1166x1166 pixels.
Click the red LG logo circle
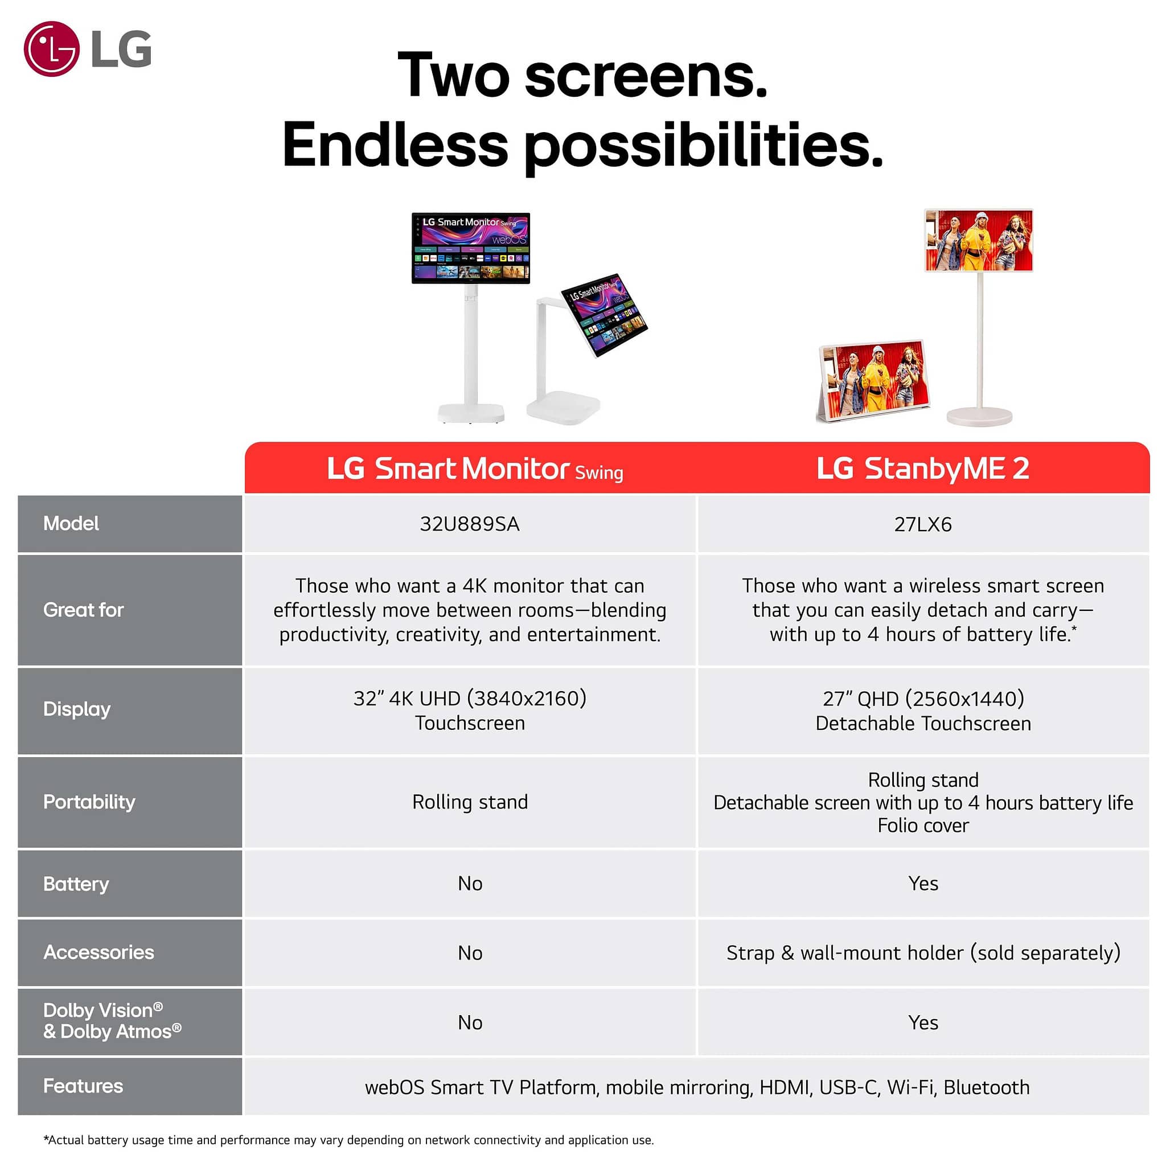(51, 49)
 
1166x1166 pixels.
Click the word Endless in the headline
(395, 145)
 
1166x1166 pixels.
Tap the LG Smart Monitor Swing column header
(475, 469)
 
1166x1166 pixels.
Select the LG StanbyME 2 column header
(923, 469)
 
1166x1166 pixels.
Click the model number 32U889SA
(470, 524)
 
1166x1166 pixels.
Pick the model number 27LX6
(923, 524)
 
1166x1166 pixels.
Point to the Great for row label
(83, 610)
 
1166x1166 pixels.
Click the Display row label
(77, 709)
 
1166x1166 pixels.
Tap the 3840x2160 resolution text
(527, 698)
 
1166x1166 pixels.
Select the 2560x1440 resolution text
(965, 699)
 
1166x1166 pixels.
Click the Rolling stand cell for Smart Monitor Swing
(470, 802)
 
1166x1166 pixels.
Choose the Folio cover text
(923, 825)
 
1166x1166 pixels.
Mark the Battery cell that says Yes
(923, 884)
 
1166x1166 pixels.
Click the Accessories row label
(98, 952)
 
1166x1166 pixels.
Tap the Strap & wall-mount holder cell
(923, 953)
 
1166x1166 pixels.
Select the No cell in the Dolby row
(470, 1023)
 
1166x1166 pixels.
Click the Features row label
(83, 1086)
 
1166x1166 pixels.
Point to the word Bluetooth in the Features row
(986, 1087)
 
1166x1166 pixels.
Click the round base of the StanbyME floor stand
(979, 416)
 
